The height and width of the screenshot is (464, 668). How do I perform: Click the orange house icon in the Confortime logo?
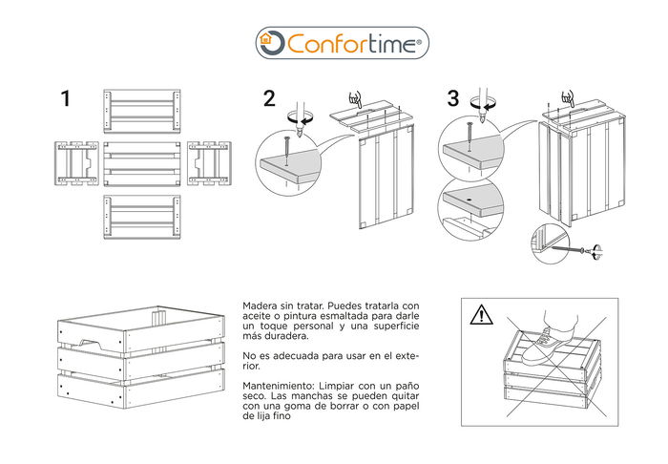coord(272,43)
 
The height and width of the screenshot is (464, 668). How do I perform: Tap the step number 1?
coord(65,98)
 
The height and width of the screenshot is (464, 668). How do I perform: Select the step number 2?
coord(269,98)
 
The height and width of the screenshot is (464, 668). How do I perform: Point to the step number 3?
coord(452,98)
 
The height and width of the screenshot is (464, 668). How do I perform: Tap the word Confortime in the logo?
coord(353,43)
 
